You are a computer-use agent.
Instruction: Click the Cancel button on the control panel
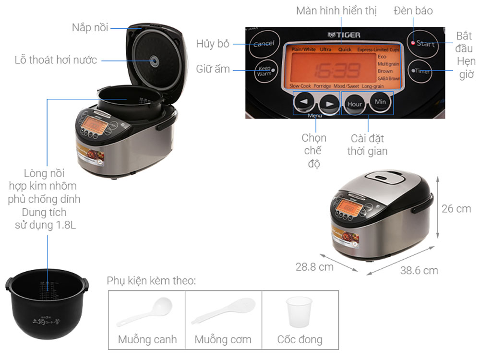coord(264,44)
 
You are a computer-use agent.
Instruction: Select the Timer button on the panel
coord(421,71)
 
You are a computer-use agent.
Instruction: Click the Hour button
coord(355,103)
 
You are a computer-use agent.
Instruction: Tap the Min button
coord(380,102)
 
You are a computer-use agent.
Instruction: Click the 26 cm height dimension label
coord(456,209)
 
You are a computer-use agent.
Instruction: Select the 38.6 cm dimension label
coord(419,271)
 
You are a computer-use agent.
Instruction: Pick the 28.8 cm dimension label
coord(314,267)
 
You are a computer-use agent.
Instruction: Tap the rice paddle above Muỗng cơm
coord(224,311)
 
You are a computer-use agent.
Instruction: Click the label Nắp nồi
coord(90,27)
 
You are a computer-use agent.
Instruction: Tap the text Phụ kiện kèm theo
coord(151,281)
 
